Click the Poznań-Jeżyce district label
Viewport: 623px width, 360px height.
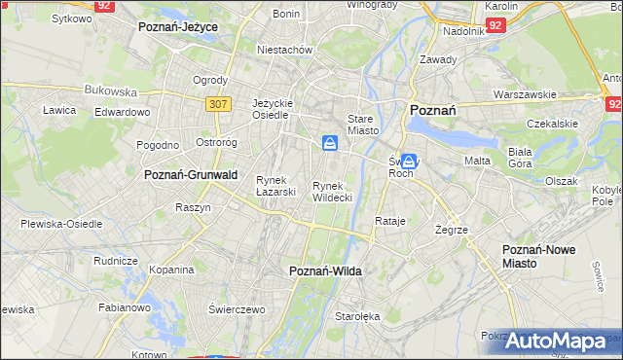pyautogui.click(x=177, y=27)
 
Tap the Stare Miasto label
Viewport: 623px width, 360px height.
pyautogui.click(x=361, y=123)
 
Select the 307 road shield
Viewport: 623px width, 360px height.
pyautogui.click(x=218, y=101)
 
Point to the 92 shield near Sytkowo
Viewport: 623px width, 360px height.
pyautogui.click(x=105, y=5)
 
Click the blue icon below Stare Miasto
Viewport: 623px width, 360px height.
pyautogui.click(x=331, y=144)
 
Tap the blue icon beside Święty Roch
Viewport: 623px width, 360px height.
pyautogui.click(x=410, y=162)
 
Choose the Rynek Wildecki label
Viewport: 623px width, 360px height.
pyautogui.click(x=332, y=191)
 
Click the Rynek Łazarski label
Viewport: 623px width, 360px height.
pyautogui.click(x=275, y=185)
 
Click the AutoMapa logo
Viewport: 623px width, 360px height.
pyautogui.click(x=563, y=342)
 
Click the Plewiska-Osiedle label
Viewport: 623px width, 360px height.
pyautogui.click(x=61, y=224)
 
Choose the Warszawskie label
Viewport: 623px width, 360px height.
pyautogui.click(x=525, y=94)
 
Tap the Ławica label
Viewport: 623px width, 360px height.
pyautogui.click(x=59, y=111)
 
